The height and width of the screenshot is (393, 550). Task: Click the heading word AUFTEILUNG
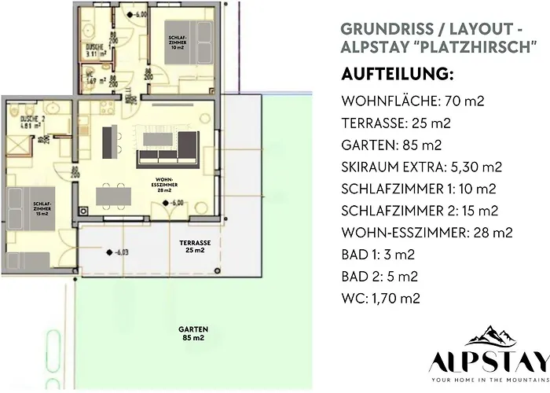397,75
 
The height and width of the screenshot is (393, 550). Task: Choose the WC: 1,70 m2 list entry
380,298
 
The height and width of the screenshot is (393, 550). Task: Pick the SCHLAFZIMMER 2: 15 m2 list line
420,211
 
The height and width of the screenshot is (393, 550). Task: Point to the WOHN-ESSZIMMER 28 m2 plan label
166,185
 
